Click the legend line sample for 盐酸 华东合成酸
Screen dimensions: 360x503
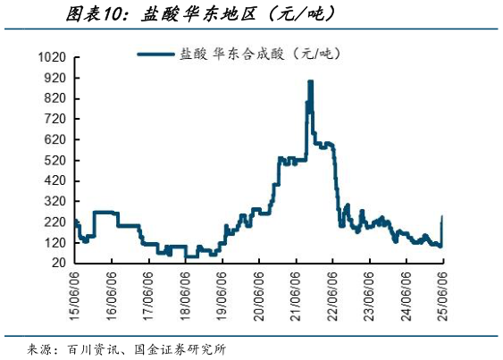[156, 54]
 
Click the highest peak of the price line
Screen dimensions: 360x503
[310, 81]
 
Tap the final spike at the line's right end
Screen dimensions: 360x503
[443, 216]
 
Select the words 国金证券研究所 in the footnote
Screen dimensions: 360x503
[180, 348]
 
